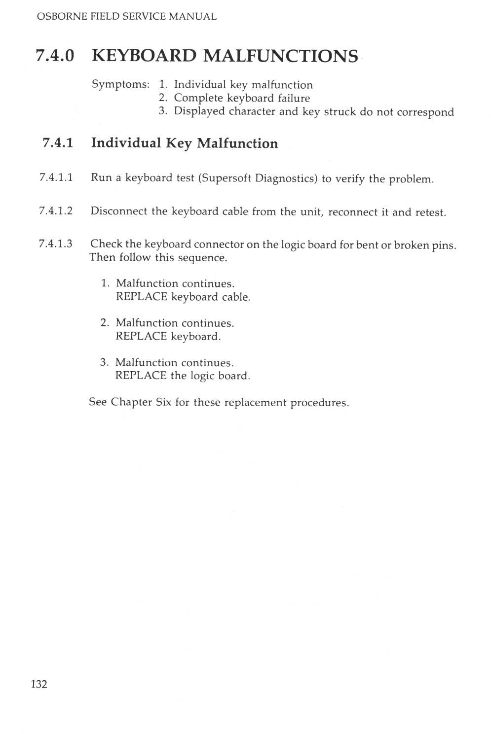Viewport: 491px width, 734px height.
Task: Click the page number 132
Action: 39,684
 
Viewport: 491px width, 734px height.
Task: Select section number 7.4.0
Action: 55,56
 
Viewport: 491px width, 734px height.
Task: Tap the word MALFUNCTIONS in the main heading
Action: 280,56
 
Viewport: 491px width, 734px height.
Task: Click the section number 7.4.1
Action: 58,143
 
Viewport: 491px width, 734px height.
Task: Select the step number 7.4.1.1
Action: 56,177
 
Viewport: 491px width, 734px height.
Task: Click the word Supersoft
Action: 225,178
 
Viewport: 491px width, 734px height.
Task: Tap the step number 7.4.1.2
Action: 56,211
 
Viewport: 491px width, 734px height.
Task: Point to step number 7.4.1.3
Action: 56,244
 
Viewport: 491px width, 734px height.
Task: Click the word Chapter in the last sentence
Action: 131,402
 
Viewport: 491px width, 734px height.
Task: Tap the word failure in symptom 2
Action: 294,98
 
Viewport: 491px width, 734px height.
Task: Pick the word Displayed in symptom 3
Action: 199,111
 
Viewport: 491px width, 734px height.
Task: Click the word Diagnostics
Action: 286,178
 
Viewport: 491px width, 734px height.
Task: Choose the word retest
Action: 430,212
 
